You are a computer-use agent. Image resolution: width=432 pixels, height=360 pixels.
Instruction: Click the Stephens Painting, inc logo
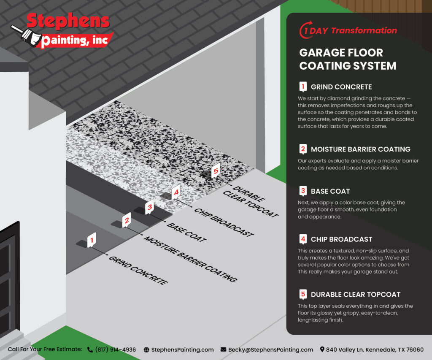point(67,30)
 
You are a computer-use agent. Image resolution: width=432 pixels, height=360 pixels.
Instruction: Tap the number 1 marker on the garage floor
point(91,240)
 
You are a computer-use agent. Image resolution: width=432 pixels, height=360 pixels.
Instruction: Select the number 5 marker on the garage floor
point(216,171)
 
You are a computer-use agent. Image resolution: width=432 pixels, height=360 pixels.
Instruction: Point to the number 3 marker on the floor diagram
point(149,207)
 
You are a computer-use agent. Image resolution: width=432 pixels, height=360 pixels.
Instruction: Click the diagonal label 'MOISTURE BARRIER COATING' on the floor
point(189,258)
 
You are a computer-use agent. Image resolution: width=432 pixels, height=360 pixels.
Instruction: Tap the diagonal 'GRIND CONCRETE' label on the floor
point(138,270)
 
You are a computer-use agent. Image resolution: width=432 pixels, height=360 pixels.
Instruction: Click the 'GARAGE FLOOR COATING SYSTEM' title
point(348,59)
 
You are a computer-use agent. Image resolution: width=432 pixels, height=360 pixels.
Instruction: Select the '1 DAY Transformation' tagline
point(348,30)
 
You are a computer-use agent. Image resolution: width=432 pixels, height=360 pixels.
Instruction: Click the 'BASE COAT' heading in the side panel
point(330,191)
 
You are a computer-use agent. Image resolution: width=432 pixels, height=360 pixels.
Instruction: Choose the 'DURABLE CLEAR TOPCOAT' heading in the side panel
point(356,295)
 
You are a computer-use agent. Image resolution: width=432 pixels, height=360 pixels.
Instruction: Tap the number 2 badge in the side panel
point(302,149)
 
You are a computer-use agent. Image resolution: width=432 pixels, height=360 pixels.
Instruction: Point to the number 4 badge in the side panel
point(302,239)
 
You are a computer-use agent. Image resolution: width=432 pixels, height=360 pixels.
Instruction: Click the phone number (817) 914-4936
point(115,349)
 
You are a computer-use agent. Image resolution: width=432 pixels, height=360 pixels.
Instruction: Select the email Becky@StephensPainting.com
point(270,349)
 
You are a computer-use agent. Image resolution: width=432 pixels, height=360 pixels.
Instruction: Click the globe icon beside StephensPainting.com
point(146,349)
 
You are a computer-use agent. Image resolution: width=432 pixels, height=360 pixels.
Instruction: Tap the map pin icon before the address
point(322,349)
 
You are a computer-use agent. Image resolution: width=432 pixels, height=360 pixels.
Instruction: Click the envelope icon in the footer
point(223,349)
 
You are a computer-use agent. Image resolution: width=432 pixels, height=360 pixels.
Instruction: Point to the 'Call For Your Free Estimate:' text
point(45,349)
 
